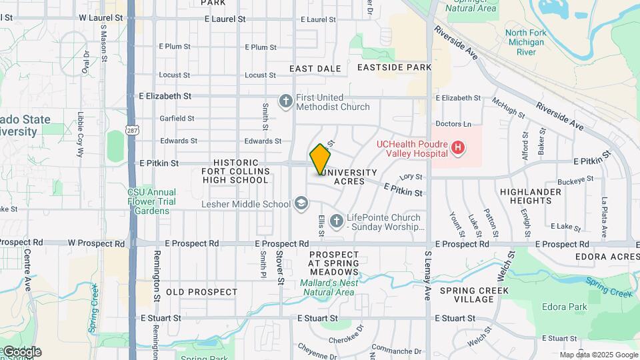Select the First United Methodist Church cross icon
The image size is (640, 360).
[x=286, y=101]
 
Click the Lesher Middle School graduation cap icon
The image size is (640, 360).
[x=301, y=203]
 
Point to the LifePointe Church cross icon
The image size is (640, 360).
[x=336, y=219]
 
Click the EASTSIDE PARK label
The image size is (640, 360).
[x=395, y=67]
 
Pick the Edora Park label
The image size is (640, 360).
[x=565, y=307]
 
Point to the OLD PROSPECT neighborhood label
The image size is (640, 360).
[x=201, y=292]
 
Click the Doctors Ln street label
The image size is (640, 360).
[x=453, y=124]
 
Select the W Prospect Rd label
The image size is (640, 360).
[x=97, y=244]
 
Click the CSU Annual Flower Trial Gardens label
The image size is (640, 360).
[x=152, y=201]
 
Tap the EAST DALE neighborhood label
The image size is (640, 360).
[x=315, y=69]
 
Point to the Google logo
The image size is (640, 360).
[x=21, y=352]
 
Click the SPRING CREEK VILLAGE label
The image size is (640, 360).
[x=475, y=295]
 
